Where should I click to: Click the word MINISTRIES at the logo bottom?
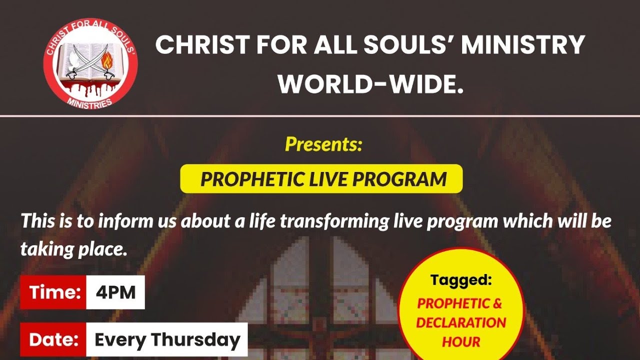90,101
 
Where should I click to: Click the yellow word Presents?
323,144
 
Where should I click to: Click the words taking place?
73,249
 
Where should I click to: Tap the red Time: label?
54,292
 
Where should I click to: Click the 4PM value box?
115,292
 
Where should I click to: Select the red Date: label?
54,340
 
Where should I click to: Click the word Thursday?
196,340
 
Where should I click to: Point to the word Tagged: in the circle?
461,280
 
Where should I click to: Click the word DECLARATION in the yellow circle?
461,322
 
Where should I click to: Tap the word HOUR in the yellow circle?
461,342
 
